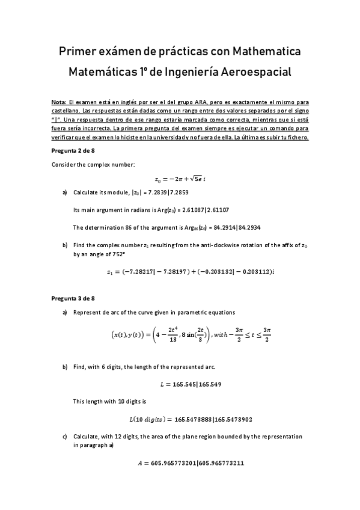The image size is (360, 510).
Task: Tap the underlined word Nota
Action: coord(59,103)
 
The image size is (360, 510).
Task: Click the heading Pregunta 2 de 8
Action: coord(73,151)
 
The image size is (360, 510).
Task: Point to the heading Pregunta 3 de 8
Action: coord(73,298)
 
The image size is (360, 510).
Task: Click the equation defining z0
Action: coord(180,179)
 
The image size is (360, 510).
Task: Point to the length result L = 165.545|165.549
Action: coord(180,383)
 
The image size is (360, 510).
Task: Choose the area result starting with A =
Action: coord(180,464)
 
